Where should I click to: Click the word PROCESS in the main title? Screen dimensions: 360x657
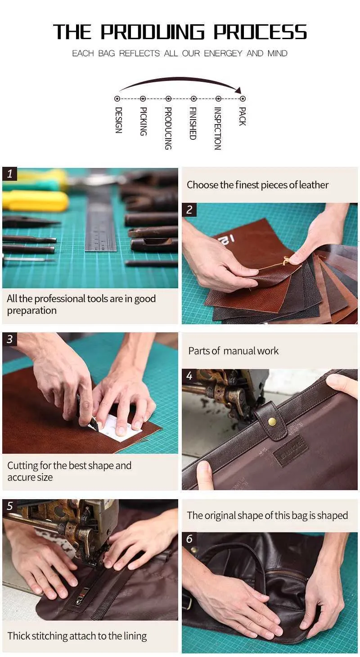[260, 31]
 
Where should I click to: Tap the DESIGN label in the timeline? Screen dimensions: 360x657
[118, 120]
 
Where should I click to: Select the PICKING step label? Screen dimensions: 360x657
[143, 121]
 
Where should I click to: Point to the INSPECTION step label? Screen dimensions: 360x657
[217, 129]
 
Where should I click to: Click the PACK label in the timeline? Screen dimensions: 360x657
[243, 116]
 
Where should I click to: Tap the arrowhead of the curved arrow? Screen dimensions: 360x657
[238, 90]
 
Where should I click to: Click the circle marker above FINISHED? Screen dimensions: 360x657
[193, 98]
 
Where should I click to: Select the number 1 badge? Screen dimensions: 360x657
[10, 174]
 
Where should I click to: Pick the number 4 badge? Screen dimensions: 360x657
[189, 376]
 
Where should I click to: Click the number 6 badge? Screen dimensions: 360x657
[189, 539]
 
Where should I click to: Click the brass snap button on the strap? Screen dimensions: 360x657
[272, 422]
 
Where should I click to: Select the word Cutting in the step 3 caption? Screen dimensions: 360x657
[22, 466]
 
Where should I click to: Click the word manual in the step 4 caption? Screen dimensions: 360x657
[235, 350]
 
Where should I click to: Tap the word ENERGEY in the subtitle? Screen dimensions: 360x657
[223, 54]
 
